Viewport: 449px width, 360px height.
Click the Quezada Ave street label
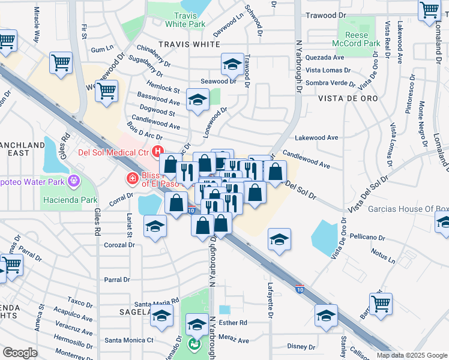point(324,58)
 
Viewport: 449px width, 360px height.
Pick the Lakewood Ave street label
point(321,137)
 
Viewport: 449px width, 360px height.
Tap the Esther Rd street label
point(233,322)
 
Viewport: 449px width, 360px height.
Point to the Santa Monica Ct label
point(129,340)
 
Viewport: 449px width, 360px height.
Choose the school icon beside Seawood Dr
point(232,64)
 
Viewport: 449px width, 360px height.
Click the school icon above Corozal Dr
point(155,227)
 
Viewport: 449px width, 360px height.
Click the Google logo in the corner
point(20,353)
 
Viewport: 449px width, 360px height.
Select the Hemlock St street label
point(164,89)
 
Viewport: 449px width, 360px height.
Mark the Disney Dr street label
point(301,346)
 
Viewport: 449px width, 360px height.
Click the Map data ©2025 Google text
point(412,355)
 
